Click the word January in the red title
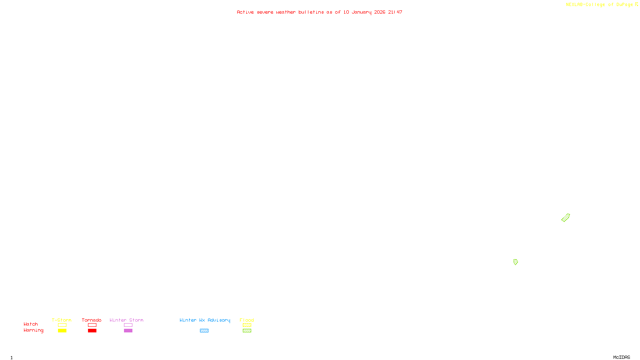[362, 12]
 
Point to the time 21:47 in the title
[395, 12]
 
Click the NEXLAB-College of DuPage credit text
[599, 5]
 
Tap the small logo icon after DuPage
[636, 4]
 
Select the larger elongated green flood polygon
[566, 218]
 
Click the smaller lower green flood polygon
[516, 262]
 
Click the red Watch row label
[31, 324]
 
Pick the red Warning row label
[33, 330]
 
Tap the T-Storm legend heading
[62, 320]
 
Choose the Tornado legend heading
[92, 320]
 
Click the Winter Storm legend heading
[126, 320]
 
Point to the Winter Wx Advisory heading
[205, 320]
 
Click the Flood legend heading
[247, 320]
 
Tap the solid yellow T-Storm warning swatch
[62, 331]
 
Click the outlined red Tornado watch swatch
[92, 325]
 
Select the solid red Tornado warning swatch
[92, 331]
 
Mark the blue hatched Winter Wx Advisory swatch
[204, 331]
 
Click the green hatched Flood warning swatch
[247, 331]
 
